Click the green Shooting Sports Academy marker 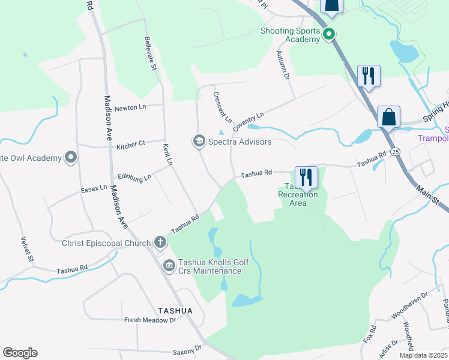coord(328,34)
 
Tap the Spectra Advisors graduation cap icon coord(198,142)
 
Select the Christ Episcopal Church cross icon coord(160,242)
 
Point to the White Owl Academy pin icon coord(71,158)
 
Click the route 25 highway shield coord(393,151)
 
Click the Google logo coord(20,353)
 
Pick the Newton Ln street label coord(130,107)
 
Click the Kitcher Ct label coord(131,144)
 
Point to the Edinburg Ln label coord(134,177)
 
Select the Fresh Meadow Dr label coord(149,320)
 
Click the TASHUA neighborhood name coord(175,310)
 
